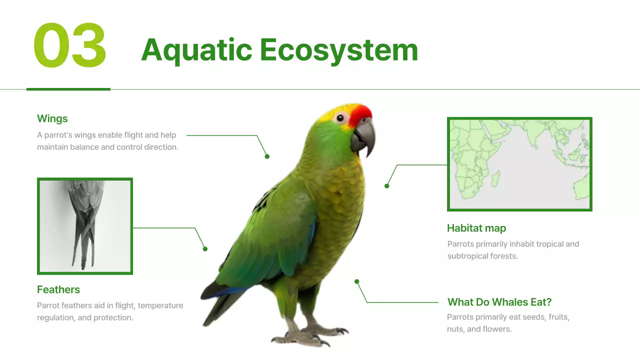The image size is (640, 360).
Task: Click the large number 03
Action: click(x=70, y=45)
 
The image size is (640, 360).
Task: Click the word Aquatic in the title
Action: click(x=196, y=50)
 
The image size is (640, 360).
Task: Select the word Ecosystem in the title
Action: click(x=338, y=50)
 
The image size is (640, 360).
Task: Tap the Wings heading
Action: click(x=52, y=118)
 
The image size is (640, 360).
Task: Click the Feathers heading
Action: click(x=58, y=289)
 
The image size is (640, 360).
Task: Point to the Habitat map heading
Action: click(x=476, y=228)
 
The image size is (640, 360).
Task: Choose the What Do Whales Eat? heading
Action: click(x=499, y=302)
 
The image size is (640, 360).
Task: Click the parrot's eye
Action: click(x=341, y=118)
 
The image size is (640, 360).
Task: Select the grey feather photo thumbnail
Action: click(x=85, y=226)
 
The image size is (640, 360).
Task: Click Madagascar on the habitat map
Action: click(x=495, y=178)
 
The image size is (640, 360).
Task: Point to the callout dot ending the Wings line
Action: click(x=267, y=156)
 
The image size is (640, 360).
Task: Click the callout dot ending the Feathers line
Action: click(x=205, y=248)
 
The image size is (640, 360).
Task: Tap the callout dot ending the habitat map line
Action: click(x=386, y=186)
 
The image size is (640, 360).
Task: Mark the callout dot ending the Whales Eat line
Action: click(x=357, y=281)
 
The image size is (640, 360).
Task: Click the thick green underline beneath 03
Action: click(x=68, y=89)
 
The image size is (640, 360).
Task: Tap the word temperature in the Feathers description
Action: click(x=160, y=305)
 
